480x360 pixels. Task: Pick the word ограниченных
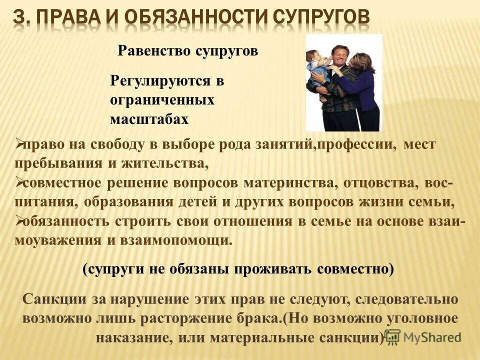pos(162,100)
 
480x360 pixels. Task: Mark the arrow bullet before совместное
pos(18,183)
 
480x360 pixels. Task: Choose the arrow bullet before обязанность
pos(18,220)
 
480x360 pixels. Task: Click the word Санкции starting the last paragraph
pos(53,299)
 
